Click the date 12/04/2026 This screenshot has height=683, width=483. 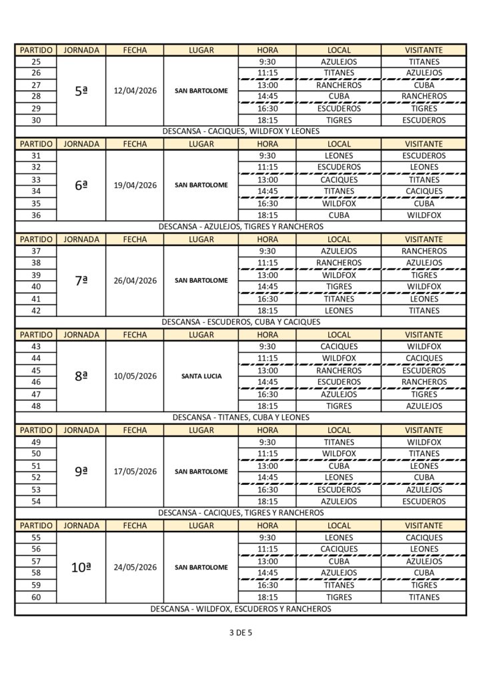click(135, 91)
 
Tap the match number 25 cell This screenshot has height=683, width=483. click(36, 61)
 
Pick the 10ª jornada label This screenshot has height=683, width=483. click(81, 568)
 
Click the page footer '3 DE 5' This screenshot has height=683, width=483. click(240, 633)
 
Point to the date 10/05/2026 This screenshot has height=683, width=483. click(135, 376)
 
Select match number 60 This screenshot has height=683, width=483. click(36, 597)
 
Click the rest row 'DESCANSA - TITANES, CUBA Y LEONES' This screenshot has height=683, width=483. click(241, 418)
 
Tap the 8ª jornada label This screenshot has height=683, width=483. click(81, 376)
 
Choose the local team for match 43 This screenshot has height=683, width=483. click(339, 347)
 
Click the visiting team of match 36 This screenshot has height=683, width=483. click(424, 215)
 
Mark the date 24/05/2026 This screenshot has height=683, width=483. click(135, 568)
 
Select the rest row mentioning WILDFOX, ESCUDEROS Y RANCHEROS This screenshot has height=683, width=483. click(241, 609)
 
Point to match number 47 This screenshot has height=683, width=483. click(36, 394)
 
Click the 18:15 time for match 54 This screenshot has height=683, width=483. click(267, 502)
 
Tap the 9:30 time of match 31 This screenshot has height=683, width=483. click(267, 155)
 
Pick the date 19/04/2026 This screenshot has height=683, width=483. click(135, 185)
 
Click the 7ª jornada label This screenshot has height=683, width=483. click(81, 281)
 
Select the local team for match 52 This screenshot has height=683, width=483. click(339, 478)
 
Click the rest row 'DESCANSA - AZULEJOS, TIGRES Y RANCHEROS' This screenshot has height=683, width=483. click(241, 227)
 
